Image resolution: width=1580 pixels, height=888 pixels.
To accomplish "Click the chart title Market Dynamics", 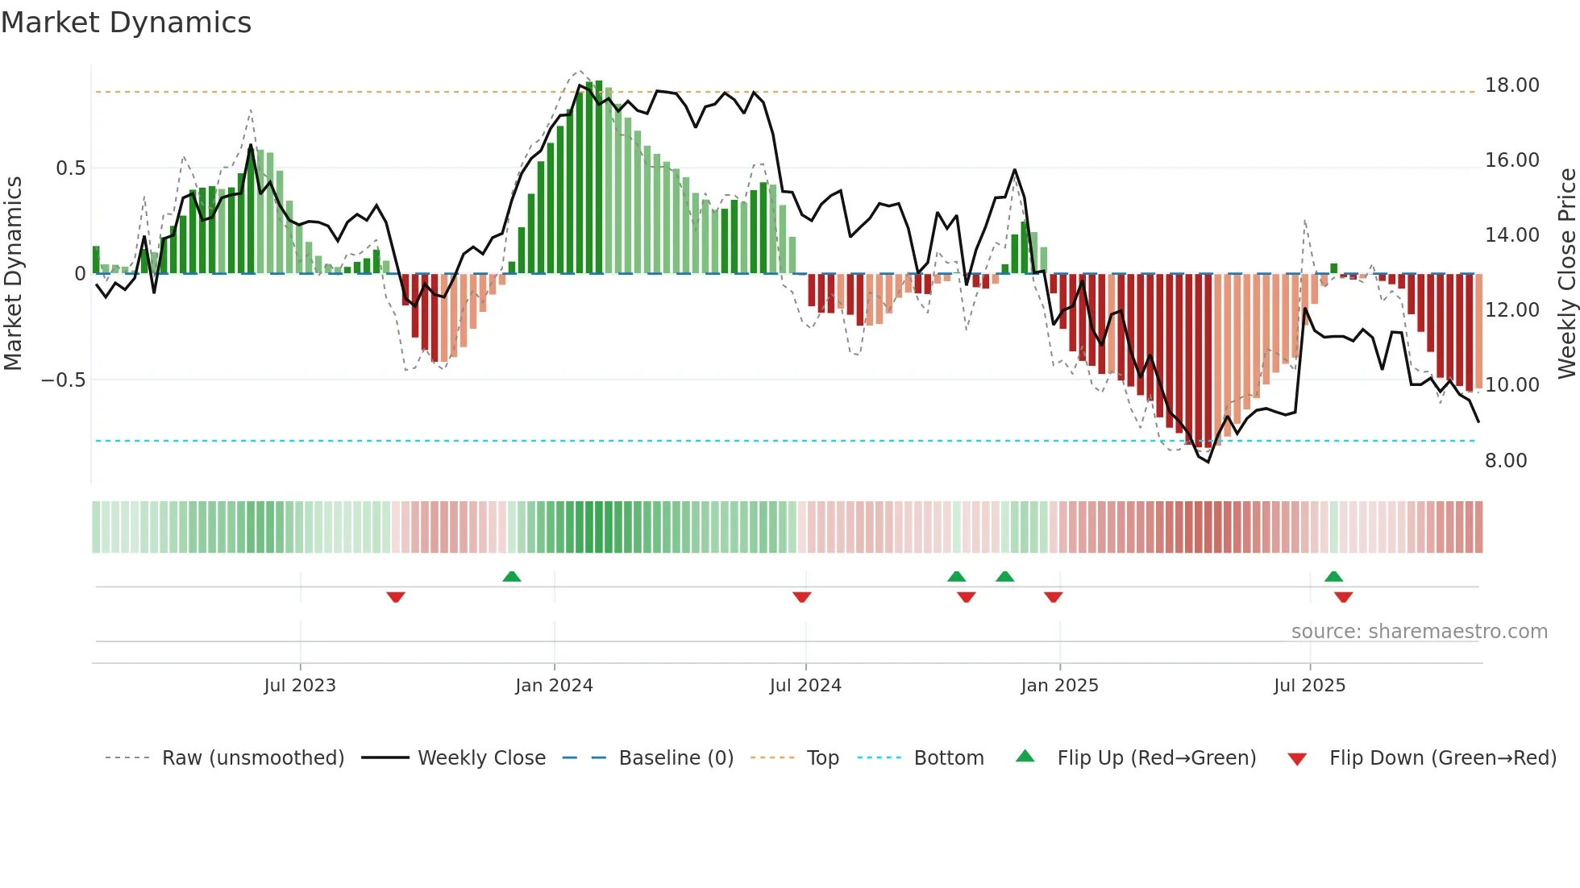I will (126, 23).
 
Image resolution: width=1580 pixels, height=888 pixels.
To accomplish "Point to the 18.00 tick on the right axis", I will (1511, 85).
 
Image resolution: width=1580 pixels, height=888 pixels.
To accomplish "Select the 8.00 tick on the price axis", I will (1505, 461).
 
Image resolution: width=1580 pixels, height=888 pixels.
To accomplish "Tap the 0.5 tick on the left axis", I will (70, 168).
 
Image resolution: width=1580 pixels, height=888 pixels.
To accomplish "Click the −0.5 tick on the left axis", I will (64, 380).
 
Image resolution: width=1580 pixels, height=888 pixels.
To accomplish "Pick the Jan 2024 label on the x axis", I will (554, 686).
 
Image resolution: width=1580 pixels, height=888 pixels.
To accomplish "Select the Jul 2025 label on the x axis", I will (1309, 686).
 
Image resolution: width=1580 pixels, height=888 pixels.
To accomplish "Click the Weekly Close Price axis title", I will (1566, 273).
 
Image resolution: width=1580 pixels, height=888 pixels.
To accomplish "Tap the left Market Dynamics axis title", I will (13, 273).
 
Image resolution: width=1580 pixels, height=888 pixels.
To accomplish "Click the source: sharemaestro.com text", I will (1419, 632).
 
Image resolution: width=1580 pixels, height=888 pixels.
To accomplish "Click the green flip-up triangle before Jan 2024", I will (511, 576).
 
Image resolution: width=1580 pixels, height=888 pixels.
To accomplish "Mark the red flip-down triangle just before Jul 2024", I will (801, 597).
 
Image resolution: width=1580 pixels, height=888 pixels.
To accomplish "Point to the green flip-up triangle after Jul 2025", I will (1333, 576).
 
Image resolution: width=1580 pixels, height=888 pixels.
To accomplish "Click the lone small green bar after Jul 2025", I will (1333, 268).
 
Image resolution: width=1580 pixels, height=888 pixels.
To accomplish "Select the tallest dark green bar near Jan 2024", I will (598, 177).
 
